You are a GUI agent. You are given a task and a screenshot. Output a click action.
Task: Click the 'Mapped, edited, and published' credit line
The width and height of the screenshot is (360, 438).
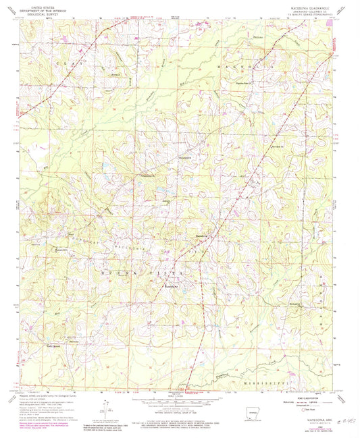click(x=51, y=393)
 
